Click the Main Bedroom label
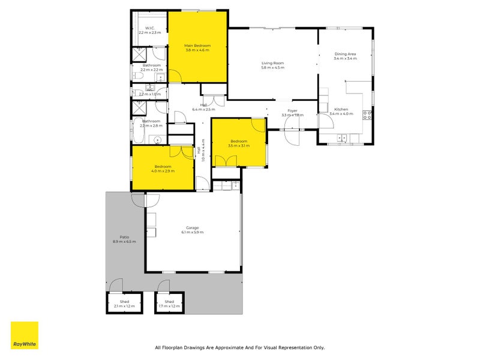(197, 46)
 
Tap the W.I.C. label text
(151, 28)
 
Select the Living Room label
(272, 63)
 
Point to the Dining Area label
(345, 54)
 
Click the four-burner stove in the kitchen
(367, 114)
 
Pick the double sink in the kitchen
(342, 138)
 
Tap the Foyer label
(293, 110)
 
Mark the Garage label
(193, 228)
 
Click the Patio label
(124, 237)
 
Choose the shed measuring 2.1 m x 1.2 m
(125, 304)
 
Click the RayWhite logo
(25, 335)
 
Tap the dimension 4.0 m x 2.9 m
(163, 171)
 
